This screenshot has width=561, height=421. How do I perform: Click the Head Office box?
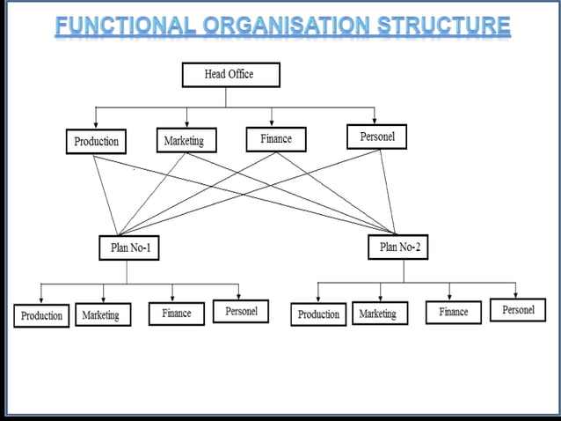click(x=230, y=75)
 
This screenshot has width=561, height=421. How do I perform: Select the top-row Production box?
click(x=96, y=141)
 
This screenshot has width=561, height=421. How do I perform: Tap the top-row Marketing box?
click(x=184, y=140)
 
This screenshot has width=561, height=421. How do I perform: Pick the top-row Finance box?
click(x=275, y=139)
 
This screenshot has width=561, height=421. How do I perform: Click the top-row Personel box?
click(x=377, y=137)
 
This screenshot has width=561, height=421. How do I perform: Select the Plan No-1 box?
click(x=129, y=248)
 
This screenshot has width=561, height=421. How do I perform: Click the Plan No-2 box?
click(x=399, y=247)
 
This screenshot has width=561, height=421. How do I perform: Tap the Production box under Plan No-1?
click(x=42, y=315)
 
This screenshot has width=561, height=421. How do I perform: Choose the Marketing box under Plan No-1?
click(x=101, y=314)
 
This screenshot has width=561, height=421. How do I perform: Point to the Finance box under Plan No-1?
click(x=176, y=313)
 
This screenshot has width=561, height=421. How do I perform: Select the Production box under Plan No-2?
click(x=318, y=314)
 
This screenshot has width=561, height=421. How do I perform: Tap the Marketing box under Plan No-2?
click(x=378, y=314)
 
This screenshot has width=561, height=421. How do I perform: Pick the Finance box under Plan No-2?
click(x=454, y=312)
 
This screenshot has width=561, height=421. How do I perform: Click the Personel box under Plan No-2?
click(x=518, y=310)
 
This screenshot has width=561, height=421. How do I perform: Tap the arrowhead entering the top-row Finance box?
click(x=272, y=122)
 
